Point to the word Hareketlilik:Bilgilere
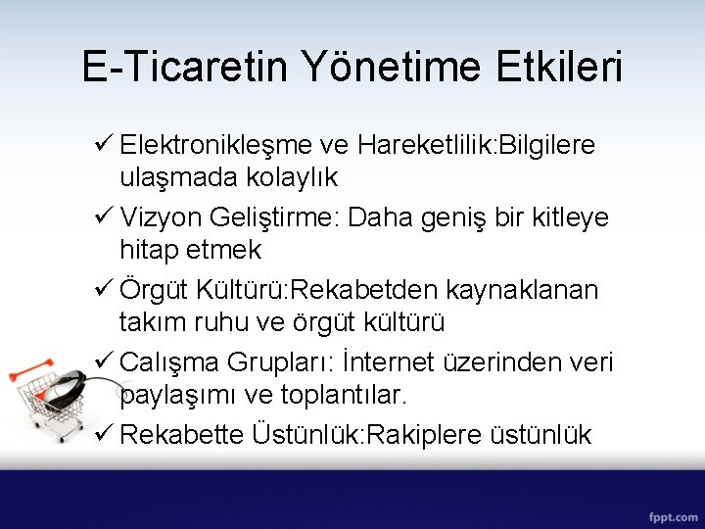[x=476, y=145]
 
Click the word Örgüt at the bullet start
[x=153, y=290]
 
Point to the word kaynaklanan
[x=522, y=290]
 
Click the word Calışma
[x=169, y=362]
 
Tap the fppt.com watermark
[x=671, y=515]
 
